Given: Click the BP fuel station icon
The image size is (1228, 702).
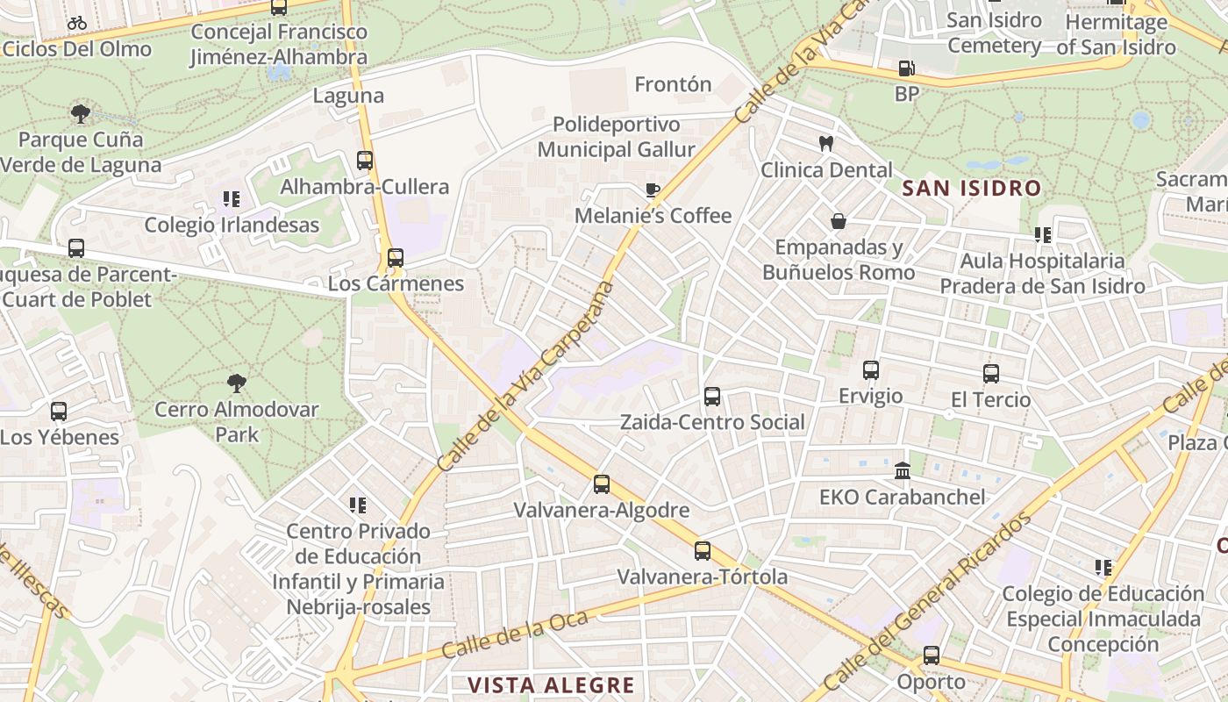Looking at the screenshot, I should tap(906, 68).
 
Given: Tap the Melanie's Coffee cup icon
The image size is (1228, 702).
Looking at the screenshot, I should tap(652, 190).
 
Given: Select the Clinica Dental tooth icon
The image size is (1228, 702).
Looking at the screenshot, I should tap(825, 143).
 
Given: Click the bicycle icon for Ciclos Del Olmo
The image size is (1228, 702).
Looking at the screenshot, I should tap(77, 23).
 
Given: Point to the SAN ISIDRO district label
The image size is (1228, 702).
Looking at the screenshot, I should tap(971, 188).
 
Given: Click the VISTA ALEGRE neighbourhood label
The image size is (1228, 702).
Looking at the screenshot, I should tap(550, 685).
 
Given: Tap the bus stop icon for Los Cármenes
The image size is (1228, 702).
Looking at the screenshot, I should tap(396, 258).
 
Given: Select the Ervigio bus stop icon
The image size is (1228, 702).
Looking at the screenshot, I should tap(870, 370).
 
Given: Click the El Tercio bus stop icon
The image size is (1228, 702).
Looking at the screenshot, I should tap(991, 374).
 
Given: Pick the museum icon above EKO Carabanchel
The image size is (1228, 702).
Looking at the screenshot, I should tap(903, 471).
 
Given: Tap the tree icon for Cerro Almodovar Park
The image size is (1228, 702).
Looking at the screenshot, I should tap(237, 383).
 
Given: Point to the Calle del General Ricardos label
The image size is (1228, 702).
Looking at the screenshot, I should tap(927, 601).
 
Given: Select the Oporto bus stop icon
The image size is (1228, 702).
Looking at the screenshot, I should tap(932, 655).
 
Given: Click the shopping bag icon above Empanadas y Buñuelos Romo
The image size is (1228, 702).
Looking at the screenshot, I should tap(839, 221).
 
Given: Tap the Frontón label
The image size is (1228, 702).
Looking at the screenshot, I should tap(673, 84).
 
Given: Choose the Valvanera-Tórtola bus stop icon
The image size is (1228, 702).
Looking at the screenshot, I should tap(703, 551).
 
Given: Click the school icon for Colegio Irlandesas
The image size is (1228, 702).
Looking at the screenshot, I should tap(232, 199).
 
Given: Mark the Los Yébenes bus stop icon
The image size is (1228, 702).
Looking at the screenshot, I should tap(59, 411).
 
